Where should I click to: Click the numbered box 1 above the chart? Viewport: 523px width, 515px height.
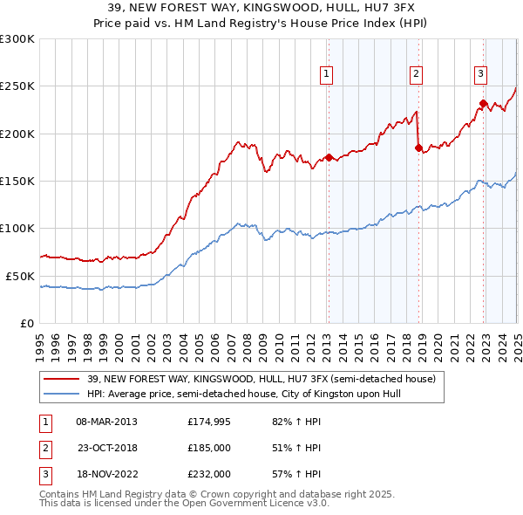(x=326, y=74)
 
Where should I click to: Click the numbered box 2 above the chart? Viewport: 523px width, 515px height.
(x=417, y=74)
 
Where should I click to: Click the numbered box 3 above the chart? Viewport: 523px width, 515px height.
(x=481, y=74)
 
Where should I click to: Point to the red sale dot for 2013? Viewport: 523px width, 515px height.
(x=329, y=157)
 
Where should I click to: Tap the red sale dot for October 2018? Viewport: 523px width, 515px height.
(x=418, y=148)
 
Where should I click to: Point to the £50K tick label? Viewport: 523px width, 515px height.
(x=20, y=276)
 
